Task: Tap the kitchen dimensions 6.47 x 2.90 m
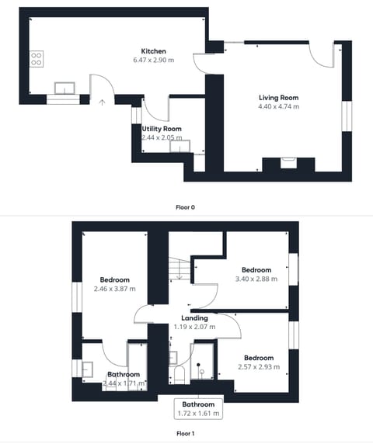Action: pos(152,60)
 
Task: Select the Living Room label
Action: pos(278,98)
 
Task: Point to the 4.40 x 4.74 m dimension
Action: pos(278,106)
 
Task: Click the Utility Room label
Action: pos(162,129)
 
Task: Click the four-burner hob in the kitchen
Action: pos(37,60)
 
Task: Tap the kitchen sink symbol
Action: pos(63,86)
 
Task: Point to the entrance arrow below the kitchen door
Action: pos(102,100)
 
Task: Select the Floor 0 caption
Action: pos(186,207)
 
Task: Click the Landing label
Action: pos(194,318)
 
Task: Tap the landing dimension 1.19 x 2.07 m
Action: pos(194,327)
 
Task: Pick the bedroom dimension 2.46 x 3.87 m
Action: pos(114,289)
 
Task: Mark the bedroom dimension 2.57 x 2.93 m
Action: pos(258,366)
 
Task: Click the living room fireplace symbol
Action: pos(288,162)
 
